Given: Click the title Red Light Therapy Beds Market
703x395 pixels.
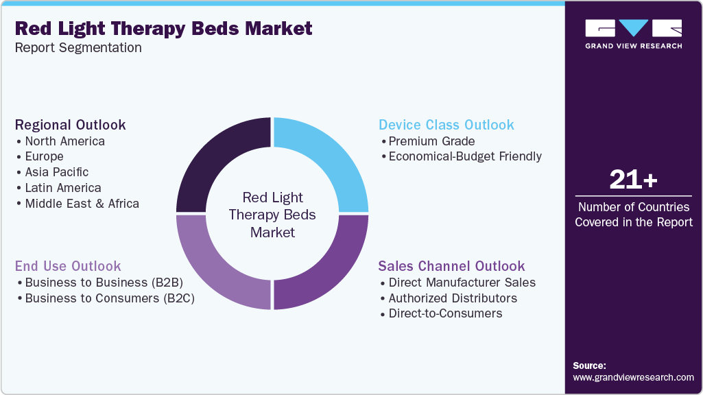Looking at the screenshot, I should tap(163, 29).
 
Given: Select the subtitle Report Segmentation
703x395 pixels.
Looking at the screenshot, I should tap(78, 48).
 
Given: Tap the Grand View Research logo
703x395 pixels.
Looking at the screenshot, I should tap(633, 34).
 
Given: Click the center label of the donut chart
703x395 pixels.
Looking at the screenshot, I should tap(272, 215).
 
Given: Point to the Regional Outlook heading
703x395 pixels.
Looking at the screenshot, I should tap(71, 125).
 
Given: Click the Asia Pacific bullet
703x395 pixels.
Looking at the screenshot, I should tap(56, 172).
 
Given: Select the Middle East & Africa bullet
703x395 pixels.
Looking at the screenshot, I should tap(81, 204).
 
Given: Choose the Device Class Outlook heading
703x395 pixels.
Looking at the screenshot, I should tap(446, 125).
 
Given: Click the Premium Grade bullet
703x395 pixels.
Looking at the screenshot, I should tap(430, 141).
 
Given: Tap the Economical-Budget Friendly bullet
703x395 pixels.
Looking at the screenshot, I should tap(464, 156).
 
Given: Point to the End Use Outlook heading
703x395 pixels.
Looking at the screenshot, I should tap(68, 266).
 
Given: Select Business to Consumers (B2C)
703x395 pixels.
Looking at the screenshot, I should tap(108, 298).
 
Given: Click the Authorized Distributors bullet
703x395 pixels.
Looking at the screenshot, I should tap(452, 298).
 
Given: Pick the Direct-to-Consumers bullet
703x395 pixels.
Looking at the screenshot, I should tap(444, 313).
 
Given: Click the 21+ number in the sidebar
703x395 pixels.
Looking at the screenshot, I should tap(633, 180).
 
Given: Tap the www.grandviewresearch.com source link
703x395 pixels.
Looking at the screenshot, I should tap(633, 377).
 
